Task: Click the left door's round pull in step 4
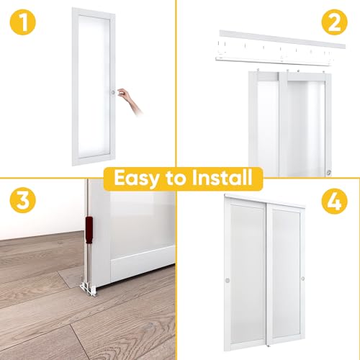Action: [x=228, y=279]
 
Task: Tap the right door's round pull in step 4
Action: [x=302, y=278]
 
